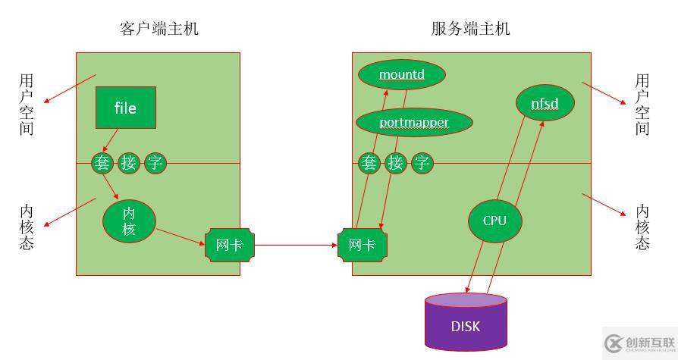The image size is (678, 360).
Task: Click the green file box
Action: tap(125, 108)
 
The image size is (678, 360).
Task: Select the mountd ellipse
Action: tap(401, 74)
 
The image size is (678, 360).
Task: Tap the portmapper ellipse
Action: tap(414, 122)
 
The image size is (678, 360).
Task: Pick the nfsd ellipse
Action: tap(545, 103)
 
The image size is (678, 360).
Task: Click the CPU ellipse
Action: tap(494, 221)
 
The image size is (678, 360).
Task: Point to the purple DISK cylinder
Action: tap(466, 324)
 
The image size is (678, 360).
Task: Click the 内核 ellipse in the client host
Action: tap(129, 221)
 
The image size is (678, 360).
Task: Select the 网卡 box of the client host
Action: tap(230, 245)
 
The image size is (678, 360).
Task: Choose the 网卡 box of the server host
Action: tap(363, 245)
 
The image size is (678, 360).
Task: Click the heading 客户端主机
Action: tap(159, 29)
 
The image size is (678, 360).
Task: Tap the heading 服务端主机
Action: tap(470, 29)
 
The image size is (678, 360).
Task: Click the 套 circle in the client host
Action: tap(102, 162)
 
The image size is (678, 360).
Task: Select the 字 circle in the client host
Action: tap(155, 162)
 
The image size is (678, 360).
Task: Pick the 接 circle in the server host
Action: tap(395, 163)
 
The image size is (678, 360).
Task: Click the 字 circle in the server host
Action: tap(422, 163)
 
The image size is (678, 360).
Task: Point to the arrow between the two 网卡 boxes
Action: tap(296, 245)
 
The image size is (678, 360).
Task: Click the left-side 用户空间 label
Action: tap(27, 105)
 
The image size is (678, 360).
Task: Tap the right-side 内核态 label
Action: tap(642, 227)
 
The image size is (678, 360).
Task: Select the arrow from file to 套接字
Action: tap(110, 140)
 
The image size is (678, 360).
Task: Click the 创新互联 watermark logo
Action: tap(638, 343)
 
